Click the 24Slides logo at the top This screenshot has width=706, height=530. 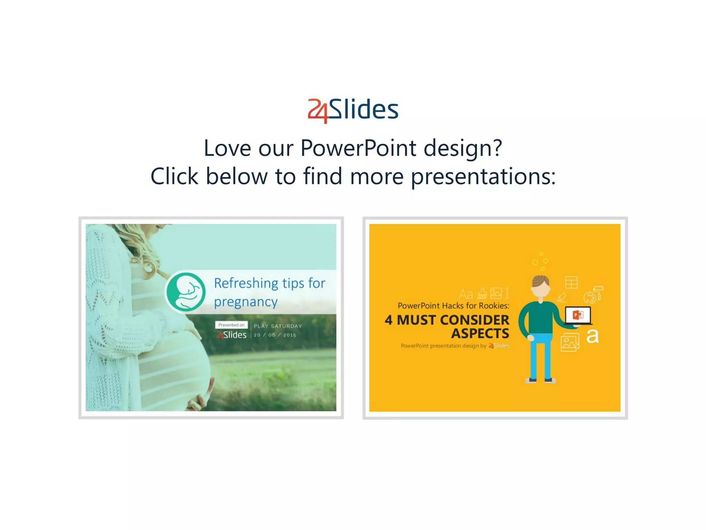click(x=353, y=110)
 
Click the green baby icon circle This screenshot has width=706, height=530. click(x=186, y=292)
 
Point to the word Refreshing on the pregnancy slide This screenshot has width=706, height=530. click(x=246, y=283)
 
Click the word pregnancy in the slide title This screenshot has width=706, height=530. click(x=245, y=302)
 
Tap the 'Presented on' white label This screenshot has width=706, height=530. click(x=231, y=325)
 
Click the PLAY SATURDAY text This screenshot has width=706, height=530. click(x=278, y=326)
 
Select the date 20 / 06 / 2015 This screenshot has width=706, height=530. click(x=275, y=335)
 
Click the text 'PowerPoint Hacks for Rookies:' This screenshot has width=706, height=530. click(x=453, y=306)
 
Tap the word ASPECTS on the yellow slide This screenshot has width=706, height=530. click(x=480, y=334)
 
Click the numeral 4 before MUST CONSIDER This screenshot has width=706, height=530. click(x=389, y=320)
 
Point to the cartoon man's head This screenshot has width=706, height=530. click(x=540, y=286)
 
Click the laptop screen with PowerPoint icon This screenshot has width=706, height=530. click(x=578, y=315)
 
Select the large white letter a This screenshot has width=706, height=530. click(x=592, y=336)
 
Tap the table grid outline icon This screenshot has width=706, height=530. click(x=571, y=283)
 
